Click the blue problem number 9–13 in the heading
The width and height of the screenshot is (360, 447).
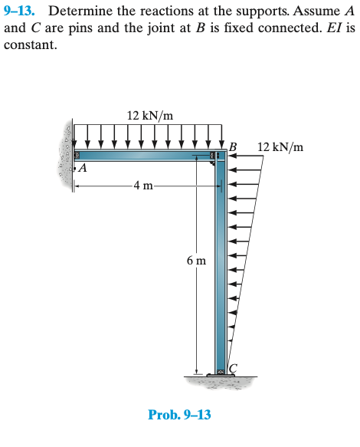[x=20, y=12]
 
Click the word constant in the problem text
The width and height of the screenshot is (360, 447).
[x=30, y=45]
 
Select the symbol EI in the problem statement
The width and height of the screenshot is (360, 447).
[x=335, y=28]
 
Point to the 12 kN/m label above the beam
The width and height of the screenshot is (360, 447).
[x=150, y=116]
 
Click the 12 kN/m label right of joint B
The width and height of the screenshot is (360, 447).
[x=280, y=147]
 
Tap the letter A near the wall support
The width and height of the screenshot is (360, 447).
[x=83, y=168]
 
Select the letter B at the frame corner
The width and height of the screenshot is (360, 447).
[x=233, y=147]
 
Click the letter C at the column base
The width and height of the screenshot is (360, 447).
[x=233, y=368]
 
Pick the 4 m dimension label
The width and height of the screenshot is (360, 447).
[x=143, y=186]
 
